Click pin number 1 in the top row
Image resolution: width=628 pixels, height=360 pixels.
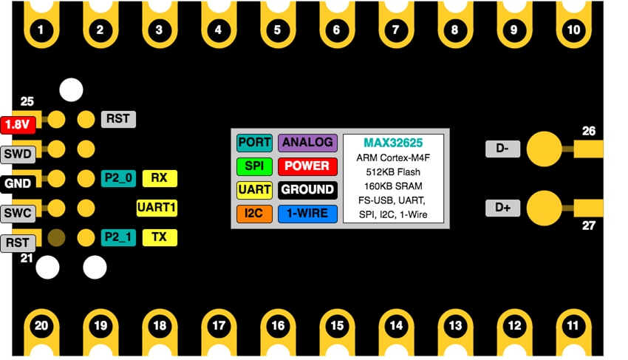tap(41, 30)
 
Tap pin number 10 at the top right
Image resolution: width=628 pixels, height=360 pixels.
tap(573, 30)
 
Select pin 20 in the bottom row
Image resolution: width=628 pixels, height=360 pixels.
tap(41, 325)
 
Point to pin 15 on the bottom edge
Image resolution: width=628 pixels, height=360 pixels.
tap(337, 325)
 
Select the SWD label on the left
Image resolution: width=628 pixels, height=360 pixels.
tap(17, 154)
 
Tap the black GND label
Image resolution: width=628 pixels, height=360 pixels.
tap(17, 183)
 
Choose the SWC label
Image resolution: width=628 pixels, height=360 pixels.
tap(17, 213)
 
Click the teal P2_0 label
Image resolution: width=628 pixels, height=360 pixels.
tap(118, 178)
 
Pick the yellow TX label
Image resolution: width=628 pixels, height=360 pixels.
tap(160, 237)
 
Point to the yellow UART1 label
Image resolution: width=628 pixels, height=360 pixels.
tap(157, 208)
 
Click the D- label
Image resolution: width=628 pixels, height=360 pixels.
tap(502, 149)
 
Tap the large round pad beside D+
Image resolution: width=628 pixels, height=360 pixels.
tap(544, 207)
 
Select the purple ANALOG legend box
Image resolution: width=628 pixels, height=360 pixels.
tap(307, 143)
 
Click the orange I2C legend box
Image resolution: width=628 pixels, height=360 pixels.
tap(254, 214)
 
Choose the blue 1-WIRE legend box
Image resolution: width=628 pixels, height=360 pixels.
tap(307, 214)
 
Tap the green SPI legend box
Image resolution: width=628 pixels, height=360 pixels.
tap(254, 166)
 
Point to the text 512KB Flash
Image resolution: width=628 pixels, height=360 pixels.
tap(393, 171)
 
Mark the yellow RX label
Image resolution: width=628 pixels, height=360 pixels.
tap(160, 178)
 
